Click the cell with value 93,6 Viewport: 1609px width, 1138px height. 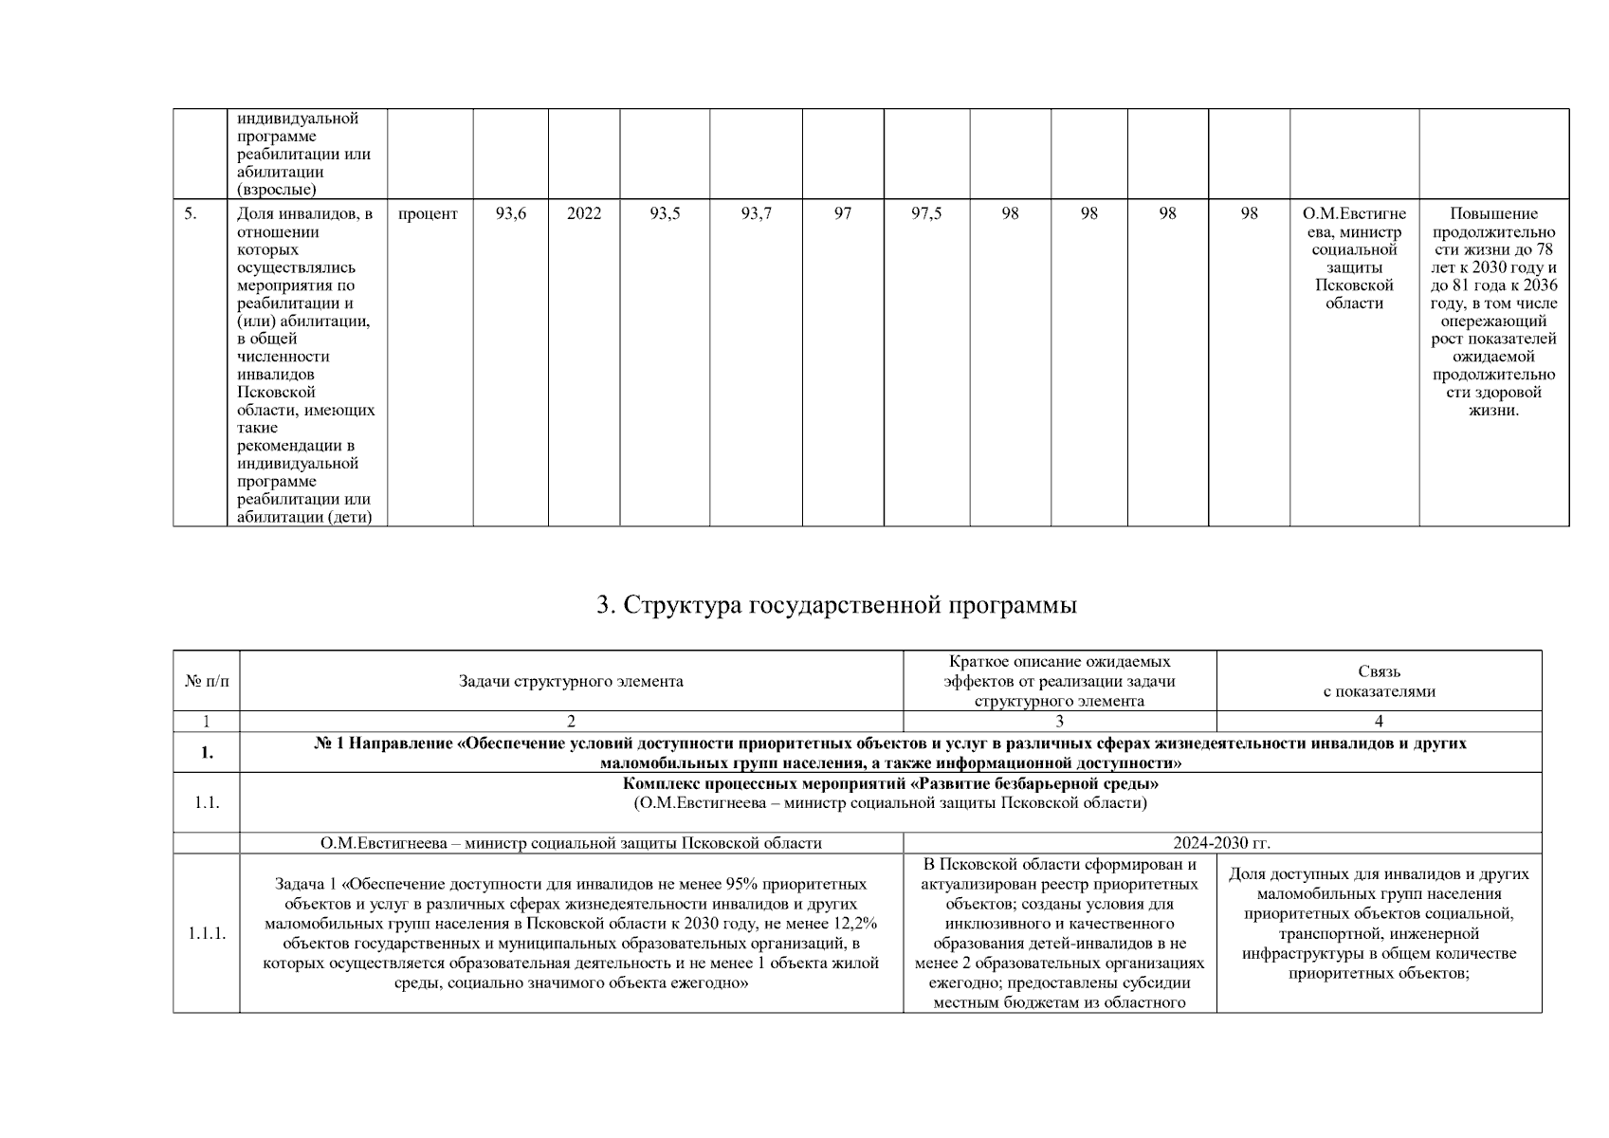coord(510,214)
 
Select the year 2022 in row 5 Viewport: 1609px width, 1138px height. coord(584,214)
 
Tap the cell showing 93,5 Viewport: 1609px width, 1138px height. coord(665,214)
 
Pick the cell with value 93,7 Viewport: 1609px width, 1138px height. coord(756,214)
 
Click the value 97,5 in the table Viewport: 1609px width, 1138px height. coord(926,214)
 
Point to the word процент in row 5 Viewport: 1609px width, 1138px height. coord(428,214)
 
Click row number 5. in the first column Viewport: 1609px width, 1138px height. coord(191,214)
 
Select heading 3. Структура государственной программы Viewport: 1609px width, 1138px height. coord(836,605)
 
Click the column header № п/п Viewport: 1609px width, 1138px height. coord(206,682)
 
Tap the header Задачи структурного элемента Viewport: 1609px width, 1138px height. coord(571,682)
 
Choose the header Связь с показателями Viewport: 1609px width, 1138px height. coord(1379,682)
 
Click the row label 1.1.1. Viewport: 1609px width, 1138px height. coord(206,933)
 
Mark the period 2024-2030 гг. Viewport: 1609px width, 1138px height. coord(1221,843)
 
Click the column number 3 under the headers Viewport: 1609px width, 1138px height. coord(1059,722)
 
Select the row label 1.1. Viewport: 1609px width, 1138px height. coord(206,802)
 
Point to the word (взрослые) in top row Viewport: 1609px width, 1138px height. coord(277,190)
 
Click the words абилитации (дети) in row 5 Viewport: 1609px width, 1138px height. coord(304,518)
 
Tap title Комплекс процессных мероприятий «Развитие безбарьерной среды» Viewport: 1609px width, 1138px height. coord(889,785)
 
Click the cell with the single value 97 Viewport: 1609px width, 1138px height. coord(842,214)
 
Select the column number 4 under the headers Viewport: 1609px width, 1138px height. coord(1379,722)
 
